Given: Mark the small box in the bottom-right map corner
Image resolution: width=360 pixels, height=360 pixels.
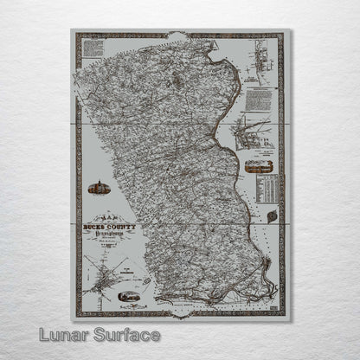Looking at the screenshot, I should (x=273, y=304).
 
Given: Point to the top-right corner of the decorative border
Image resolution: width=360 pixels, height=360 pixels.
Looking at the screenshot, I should (x=284, y=35).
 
